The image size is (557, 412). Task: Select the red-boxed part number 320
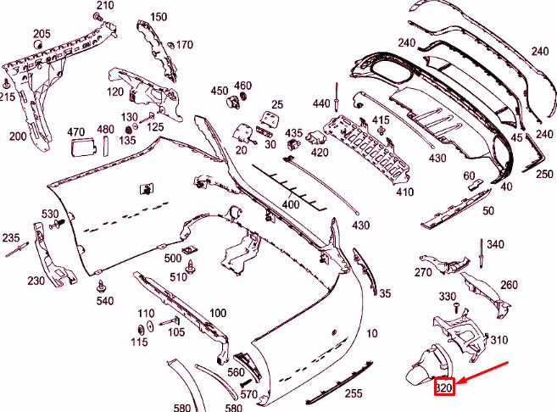[444, 388]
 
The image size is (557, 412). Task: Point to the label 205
[42, 34]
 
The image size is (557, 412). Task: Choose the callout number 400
[291, 205]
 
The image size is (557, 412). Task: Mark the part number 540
[105, 300]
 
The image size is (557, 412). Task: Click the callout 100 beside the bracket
[217, 313]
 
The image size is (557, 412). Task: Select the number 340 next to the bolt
[495, 245]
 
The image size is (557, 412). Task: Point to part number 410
[404, 192]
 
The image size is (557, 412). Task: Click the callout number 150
[159, 17]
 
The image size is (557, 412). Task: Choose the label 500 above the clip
[173, 258]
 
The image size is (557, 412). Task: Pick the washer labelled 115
[140, 327]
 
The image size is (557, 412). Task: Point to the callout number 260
[509, 285]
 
